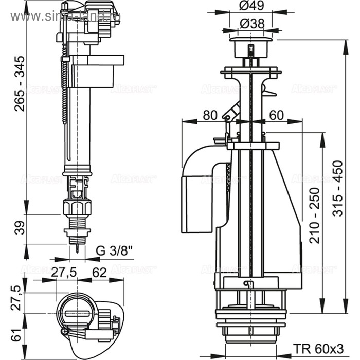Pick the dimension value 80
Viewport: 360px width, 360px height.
click(x=210, y=116)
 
